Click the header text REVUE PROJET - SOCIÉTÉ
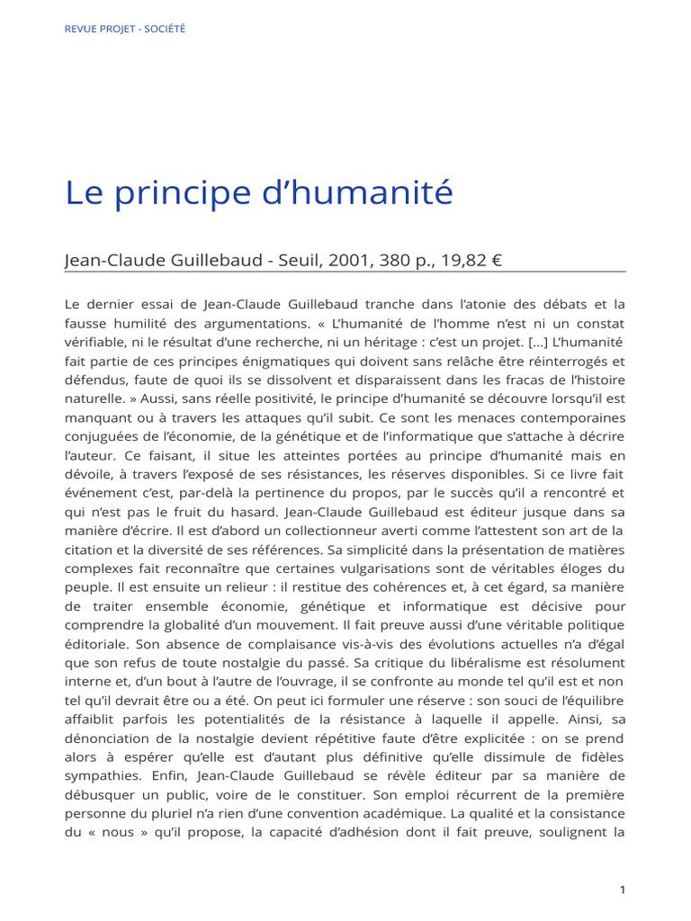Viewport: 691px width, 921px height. point(125,29)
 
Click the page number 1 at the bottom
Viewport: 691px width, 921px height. point(622,890)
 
